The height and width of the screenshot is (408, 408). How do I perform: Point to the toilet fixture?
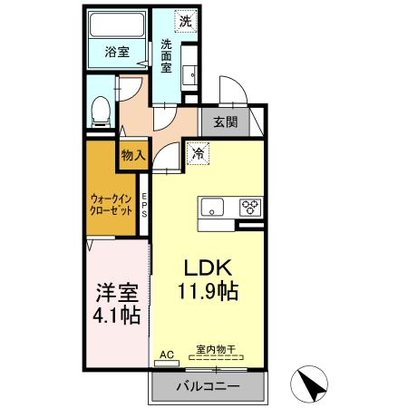[x=102, y=111]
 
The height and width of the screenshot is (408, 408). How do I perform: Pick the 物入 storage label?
[x=133, y=155]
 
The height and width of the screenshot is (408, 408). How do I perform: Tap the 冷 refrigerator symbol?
[x=198, y=153]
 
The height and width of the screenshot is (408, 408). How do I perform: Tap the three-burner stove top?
[x=248, y=206]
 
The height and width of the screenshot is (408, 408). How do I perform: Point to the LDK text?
[x=211, y=268]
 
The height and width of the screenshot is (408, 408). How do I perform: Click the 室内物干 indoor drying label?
[x=215, y=348]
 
